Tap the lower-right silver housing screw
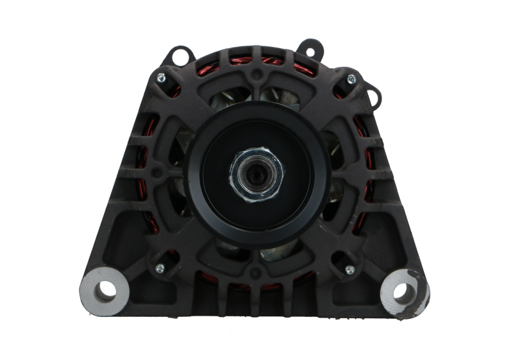350,269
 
